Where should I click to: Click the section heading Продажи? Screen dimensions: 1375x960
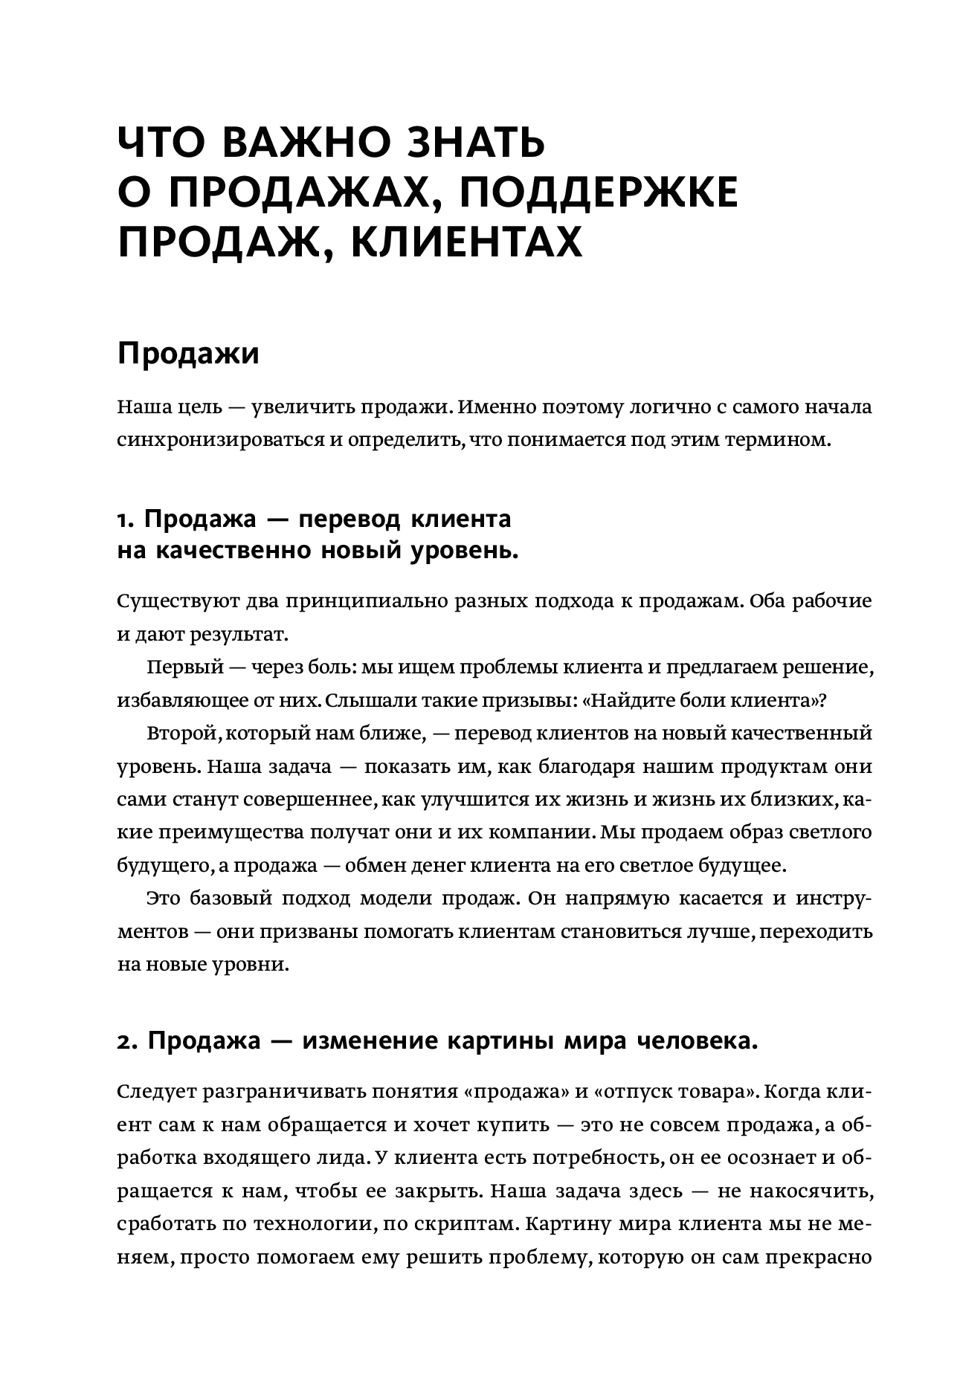pyautogui.click(x=189, y=354)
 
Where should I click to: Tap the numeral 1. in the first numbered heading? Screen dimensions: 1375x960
pyautogui.click(x=126, y=519)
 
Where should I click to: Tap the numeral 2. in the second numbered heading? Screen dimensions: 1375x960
pyautogui.click(x=128, y=1042)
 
